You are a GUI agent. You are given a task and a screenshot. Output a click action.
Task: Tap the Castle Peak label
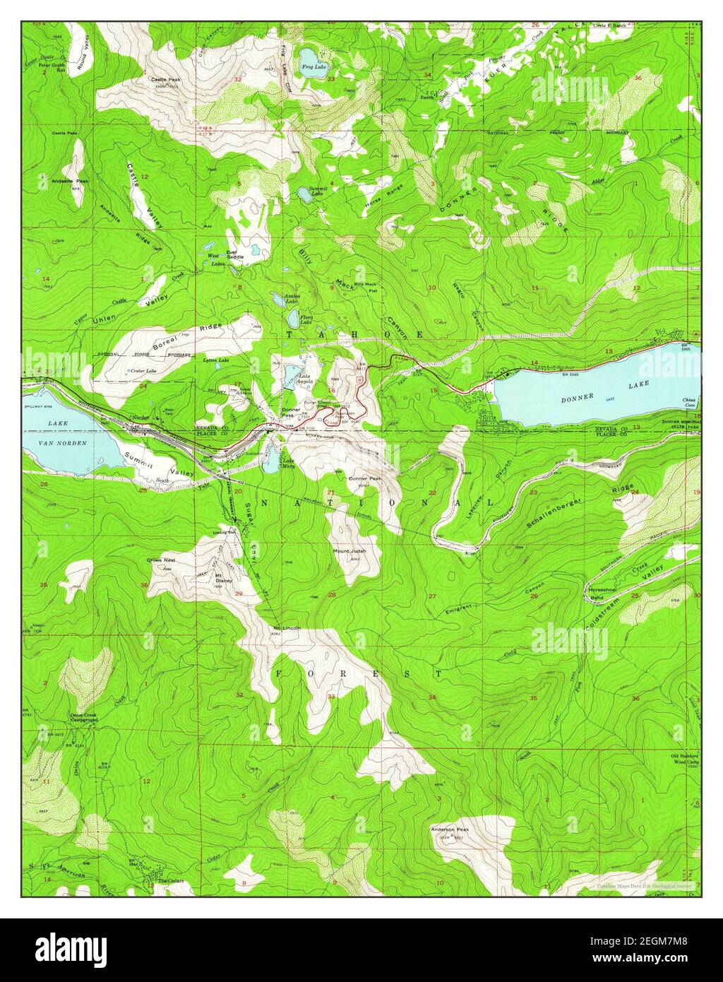(x=165, y=80)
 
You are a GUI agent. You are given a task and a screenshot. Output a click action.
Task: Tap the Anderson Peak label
(x=450, y=829)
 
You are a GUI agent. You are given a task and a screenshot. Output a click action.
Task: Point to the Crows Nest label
(x=161, y=560)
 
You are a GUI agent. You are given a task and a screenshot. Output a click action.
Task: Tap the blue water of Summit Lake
(x=303, y=193)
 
